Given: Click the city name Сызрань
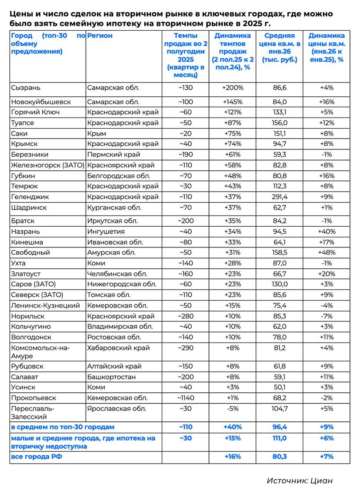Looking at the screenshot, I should [25, 88].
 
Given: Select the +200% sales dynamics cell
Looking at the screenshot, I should [233, 88].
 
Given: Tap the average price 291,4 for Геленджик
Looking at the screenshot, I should [279, 197].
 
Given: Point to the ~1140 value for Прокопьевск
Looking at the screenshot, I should [185, 398].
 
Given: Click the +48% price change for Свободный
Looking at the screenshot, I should [326, 252].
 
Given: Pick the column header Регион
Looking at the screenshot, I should [100, 36].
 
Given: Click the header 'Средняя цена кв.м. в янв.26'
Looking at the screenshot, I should [280, 47].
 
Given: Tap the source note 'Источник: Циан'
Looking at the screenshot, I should [302, 480].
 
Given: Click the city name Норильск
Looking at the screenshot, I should [28, 316].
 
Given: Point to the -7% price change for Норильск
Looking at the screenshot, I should [326, 316].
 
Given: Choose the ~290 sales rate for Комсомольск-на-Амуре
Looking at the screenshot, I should [185, 348].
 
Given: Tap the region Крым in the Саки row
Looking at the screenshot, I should [97, 134].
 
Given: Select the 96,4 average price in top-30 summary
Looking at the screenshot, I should [279, 427].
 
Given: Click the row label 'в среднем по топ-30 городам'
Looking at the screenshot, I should [63, 427].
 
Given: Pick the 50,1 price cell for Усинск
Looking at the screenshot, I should [279, 387].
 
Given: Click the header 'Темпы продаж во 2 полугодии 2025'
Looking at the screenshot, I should [185, 55].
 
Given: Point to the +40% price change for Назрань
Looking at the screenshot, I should [326, 232].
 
